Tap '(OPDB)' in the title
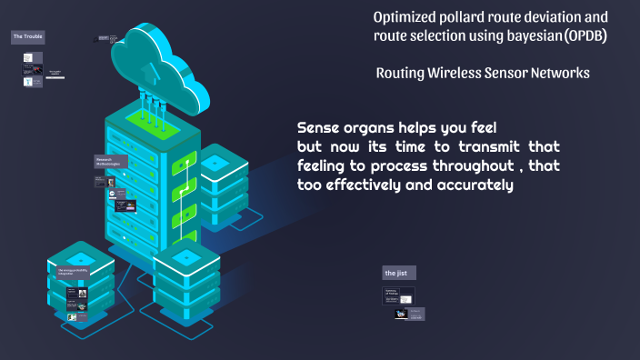click(585, 36)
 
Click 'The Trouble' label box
click(27, 37)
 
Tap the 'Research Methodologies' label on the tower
click(111, 162)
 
